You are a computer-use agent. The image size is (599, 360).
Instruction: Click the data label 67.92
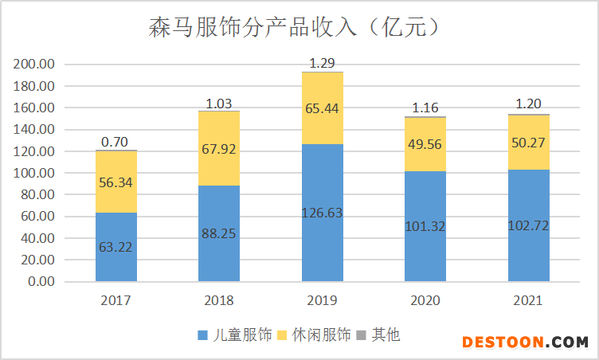[219, 149]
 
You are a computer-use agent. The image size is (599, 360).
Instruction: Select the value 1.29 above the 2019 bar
[322, 62]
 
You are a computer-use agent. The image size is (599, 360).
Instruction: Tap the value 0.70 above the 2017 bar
[115, 142]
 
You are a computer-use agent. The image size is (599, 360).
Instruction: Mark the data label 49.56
[425, 143]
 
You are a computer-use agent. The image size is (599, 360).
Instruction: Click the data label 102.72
[528, 226]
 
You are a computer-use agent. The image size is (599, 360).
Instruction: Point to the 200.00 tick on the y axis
[34, 65]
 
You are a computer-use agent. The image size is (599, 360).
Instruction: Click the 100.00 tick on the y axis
[34, 173]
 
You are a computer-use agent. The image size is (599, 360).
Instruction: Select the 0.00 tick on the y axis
[40, 282]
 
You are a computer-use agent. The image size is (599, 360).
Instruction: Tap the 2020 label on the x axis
[425, 301]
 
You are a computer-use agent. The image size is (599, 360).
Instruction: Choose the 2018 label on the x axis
[219, 301]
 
